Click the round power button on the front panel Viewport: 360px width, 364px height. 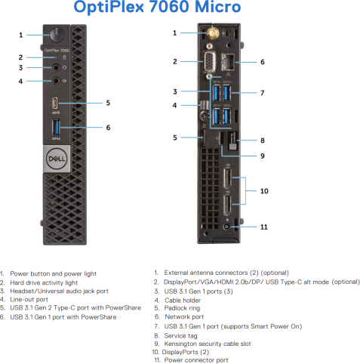pyautogui.click(x=57, y=35)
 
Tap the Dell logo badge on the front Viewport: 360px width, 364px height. pyautogui.click(x=57, y=159)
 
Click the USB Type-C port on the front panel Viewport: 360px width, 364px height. pyautogui.click(x=55, y=103)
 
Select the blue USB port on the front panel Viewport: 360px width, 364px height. pyautogui.click(x=56, y=128)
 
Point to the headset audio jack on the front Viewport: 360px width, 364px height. pyautogui.click(x=56, y=67)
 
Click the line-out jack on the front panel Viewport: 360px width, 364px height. pyautogui.click(x=56, y=81)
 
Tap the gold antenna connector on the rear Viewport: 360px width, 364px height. pyautogui.click(x=212, y=32)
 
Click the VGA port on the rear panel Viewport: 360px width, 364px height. pyautogui.click(x=209, y=62)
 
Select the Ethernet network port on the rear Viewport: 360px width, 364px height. pyautogui.click(x=228, y=62)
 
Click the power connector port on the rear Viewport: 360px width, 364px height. pyautogui.click(x=227, y=227)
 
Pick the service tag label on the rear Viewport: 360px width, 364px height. pyautogui.click(x=232, y=140)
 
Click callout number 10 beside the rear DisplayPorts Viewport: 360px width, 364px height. pyautogui.click(x=264, y=191)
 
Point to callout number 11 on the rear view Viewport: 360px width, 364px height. pyautogui.click(x=264, y=227)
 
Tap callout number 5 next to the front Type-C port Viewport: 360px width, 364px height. pyautogui.click(x=108, y=103)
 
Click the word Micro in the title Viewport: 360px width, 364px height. pyautogui.click(x=218, y=7)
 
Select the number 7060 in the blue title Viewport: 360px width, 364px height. pyautogui.click(x=168, y=7)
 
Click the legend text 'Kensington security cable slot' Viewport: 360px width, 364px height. pyautogui.click(x=208, y=344)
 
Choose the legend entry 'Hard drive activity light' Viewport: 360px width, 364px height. pyautogui.click(x=44, y=282)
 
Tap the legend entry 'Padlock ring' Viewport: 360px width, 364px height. pyautogui.click(x=182, y=308)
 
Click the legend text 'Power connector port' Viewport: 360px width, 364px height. pyautogui.click(x=196, y=360)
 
